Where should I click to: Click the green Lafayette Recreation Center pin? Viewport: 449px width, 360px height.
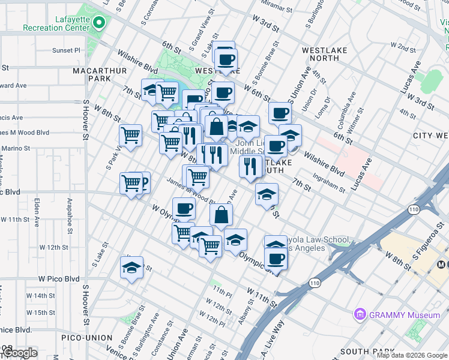(x=99, y=24)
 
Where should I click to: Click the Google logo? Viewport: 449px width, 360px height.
(x=19, y=353)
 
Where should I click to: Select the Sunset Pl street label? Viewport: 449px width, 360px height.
(x=65, y=50)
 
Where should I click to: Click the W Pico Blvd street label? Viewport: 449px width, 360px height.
(x=59, y=279)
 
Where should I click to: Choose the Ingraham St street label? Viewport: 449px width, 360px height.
(x=330, y=182)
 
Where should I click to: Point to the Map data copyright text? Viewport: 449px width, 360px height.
(x=411, y=355)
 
